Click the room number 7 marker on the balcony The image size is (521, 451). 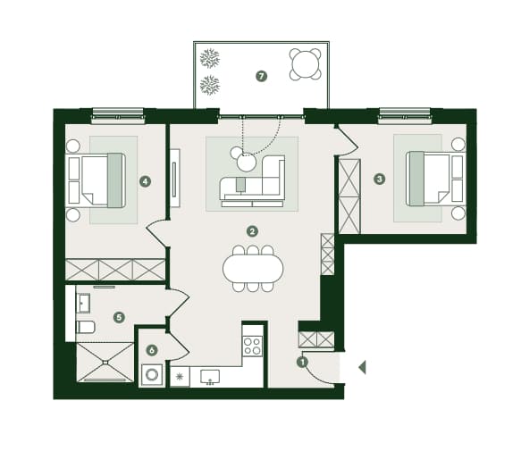coord(262,77)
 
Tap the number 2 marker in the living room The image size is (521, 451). coord(252,231)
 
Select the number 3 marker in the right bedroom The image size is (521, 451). coord(380,180)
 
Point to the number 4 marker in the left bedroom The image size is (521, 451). coord(145,181)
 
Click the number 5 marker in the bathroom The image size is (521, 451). coord(119,317)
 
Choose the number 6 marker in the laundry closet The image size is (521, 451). coord(152,350)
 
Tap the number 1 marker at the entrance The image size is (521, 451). coord(302,362)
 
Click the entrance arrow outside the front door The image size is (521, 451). coord(362,367)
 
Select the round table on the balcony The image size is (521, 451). coord(305,64)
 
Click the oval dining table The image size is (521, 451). coord(253,269)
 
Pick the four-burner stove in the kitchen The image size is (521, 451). coord(253,346)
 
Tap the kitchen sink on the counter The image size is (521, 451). coord(210,377)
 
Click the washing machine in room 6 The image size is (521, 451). coord(152,375)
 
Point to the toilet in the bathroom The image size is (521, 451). coord(86,327)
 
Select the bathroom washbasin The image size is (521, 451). coord(83,304)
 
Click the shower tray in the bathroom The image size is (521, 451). coord(105,363)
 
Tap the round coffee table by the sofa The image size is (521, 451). coord(247,163)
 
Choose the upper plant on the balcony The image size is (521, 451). coord(210,58)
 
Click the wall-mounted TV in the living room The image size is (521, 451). coord(175,179)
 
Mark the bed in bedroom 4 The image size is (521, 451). coord(97,180)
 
